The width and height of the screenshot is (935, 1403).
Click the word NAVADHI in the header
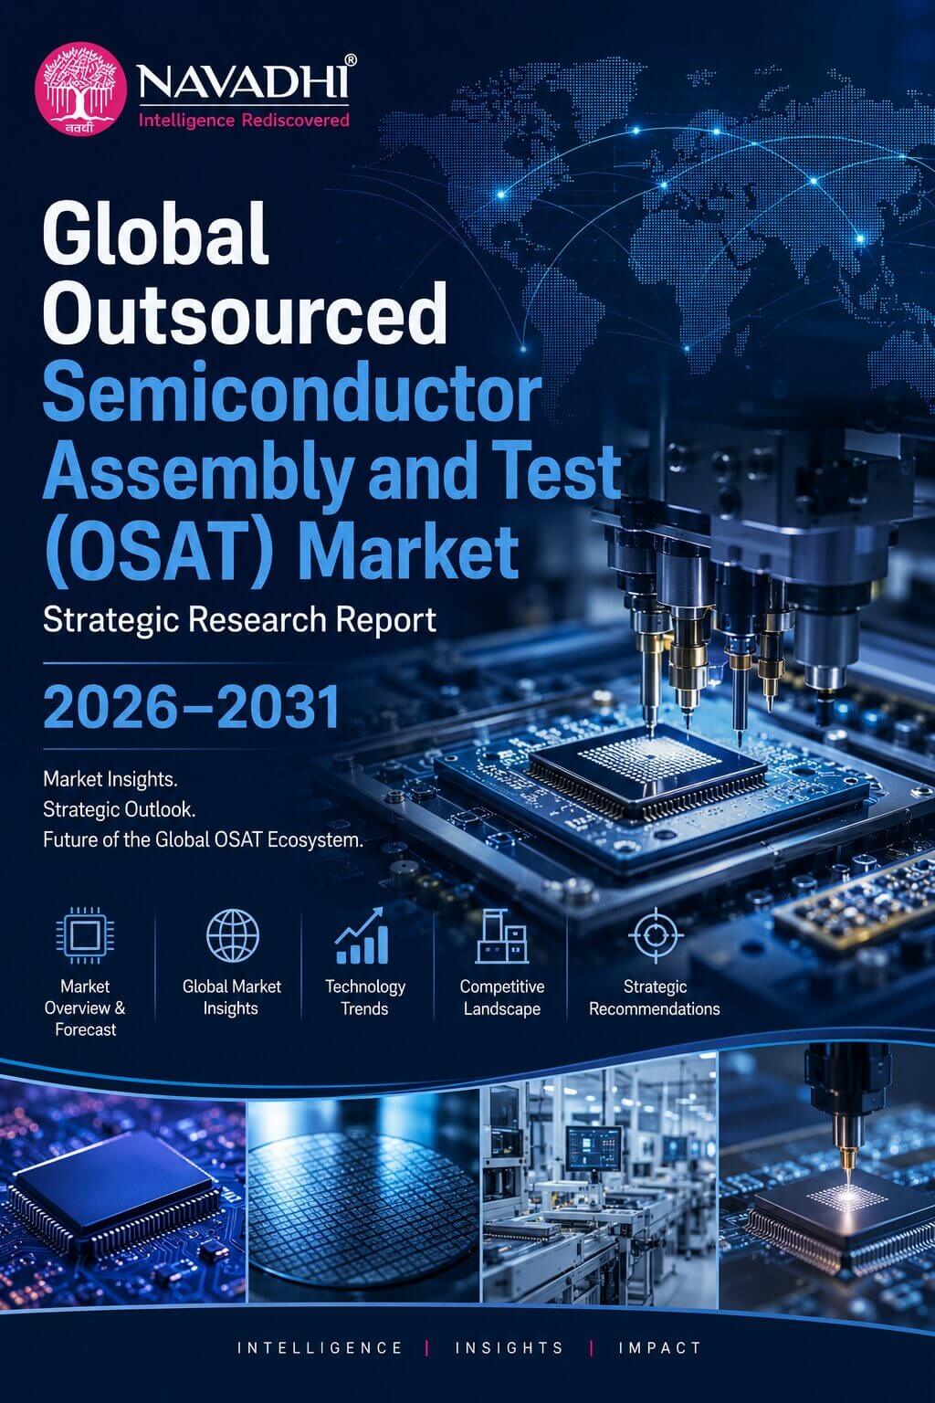tap(242, 82)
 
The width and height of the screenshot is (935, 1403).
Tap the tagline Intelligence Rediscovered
tap(244, 120)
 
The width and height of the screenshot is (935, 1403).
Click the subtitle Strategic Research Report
tap(240, 620)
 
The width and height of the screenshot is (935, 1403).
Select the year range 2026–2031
tap(192, 707)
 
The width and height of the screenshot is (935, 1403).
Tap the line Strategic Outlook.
tap(119, 810)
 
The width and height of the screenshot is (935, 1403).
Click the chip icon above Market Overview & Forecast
tap(85, 935)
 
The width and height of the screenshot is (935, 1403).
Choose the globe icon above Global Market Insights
tap(232, 935)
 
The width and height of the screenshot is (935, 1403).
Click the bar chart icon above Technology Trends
tap(362, 935)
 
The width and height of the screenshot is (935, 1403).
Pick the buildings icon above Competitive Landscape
tap(501, 936)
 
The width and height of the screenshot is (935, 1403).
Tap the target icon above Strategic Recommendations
tap(655, 935)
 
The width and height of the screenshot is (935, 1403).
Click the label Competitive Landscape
tap(501, 997)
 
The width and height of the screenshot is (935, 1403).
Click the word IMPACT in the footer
tap(659, 1348)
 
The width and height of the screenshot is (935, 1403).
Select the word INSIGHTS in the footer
tap(510, 1348)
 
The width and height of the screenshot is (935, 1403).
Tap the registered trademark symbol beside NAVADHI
tap(351, 60)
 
